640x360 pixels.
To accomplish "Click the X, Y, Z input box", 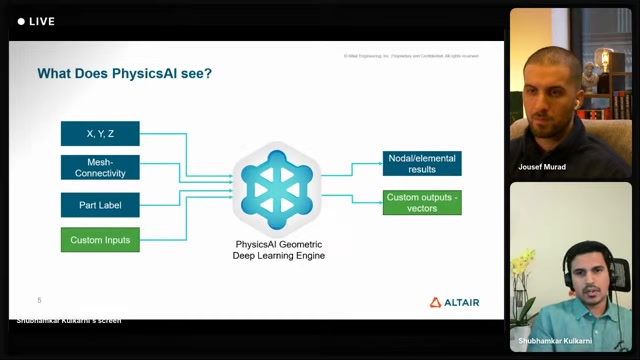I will (100, 133).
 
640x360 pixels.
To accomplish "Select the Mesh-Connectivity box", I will (100, 167).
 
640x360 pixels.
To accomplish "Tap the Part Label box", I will (100, 205).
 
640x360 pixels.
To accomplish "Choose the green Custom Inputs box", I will (100, 240).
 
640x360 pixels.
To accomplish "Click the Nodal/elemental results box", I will (422, 163).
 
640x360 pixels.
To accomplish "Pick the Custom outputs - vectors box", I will (422, 202).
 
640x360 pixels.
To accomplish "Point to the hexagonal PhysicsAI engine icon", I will (277, 186).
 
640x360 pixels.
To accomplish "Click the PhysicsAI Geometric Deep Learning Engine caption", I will (280, 249).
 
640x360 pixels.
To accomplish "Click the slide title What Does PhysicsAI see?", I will (124, 73).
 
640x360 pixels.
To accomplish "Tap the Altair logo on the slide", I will (455, 302).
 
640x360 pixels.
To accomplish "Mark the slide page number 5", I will (39, 300).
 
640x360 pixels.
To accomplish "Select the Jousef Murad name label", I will (542, 167).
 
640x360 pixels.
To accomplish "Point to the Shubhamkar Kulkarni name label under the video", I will (557, 341).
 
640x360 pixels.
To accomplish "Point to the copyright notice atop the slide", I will (410, 56).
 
